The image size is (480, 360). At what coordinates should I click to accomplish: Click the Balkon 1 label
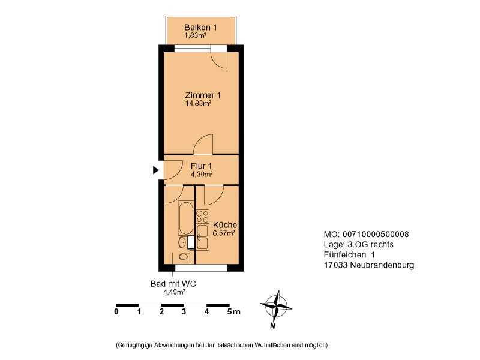tap(200, 27)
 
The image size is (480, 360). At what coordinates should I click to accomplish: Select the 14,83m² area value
tap(199, 103)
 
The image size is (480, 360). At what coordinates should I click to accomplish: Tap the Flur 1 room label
tap(201, 166)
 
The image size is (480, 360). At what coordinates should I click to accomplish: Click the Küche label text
tap(225, 224)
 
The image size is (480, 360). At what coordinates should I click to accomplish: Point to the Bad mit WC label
tap(173, 284)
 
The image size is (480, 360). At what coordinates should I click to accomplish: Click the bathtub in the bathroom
tap(186, 218)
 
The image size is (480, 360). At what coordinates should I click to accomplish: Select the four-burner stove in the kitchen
tap(203, 217)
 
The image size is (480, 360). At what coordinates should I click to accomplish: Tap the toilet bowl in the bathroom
tap(184, 257)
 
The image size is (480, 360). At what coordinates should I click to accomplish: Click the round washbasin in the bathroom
tap(183, 243)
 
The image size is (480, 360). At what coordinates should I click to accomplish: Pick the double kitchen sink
tap(203, 237)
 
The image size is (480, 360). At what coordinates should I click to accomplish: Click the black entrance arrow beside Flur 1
tap(156, 170)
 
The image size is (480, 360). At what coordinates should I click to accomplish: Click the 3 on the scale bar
tap(184, 312)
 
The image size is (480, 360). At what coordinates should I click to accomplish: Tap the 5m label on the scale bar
tap(233, 312)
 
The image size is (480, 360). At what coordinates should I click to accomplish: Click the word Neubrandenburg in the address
tap(382, 265)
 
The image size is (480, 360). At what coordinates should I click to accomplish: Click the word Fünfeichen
tap(344, 254)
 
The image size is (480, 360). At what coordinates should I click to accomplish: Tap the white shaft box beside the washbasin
tap(191, 242)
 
